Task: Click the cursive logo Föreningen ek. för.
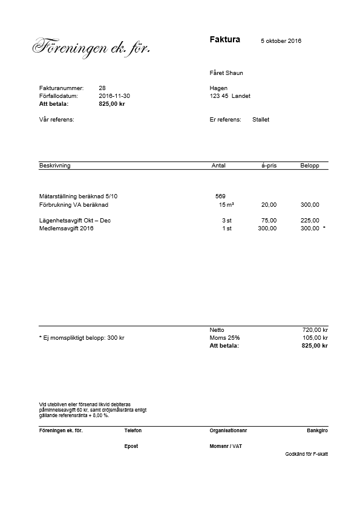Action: [91, 47]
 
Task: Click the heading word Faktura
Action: [224, 40]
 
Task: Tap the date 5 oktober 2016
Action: [281, 41]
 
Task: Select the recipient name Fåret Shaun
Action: [226, 73]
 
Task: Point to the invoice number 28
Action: [102, 88]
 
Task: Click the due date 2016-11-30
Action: [114, 96]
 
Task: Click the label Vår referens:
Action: [56, 120]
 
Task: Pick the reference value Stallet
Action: [261, 120]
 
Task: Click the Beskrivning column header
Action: [54, 166]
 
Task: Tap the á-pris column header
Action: [269, 166]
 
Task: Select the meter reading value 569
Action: [220, 196]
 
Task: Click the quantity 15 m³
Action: [226, 205]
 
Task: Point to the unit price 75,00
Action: [269, 221]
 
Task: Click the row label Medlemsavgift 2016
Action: [66, 229]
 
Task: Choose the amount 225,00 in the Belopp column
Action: [310, 221]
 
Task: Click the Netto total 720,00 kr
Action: [315, 330]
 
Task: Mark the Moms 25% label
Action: [224, 338]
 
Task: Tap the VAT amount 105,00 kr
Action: [315, 338]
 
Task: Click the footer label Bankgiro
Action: [318, 430]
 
